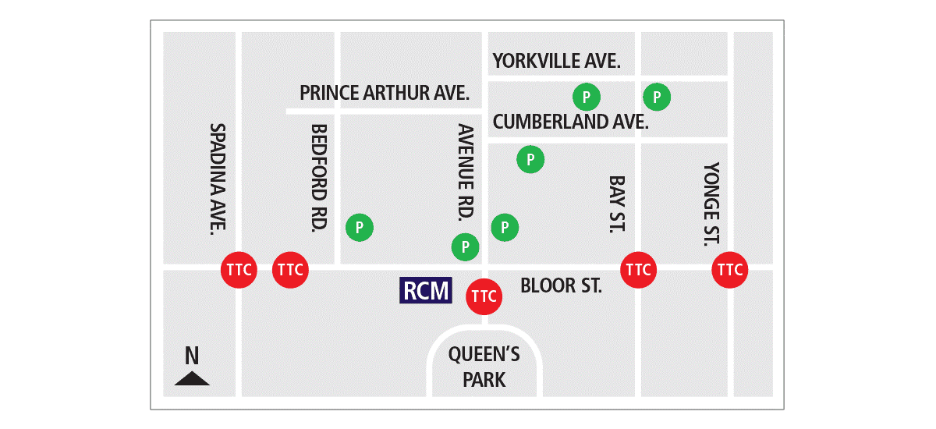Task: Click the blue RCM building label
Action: (426, 290)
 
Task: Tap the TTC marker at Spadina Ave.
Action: (239, 270)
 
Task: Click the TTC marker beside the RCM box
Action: (484, 296)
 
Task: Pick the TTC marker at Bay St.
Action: (638, 270)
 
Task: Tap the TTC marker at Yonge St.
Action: (730, 270)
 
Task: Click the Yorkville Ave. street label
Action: (556, 61)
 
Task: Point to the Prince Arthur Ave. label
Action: (385, 94)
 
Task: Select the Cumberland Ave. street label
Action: (571, 122)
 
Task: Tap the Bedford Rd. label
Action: (318, 179)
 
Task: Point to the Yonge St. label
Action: (711, 204)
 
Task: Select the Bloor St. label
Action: (561, 285)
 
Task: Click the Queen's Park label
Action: (484, 367)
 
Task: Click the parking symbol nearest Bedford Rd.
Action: (360, 228)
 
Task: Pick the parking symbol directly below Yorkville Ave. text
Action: (587, 97)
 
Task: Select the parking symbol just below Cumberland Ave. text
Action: (530, 159)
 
